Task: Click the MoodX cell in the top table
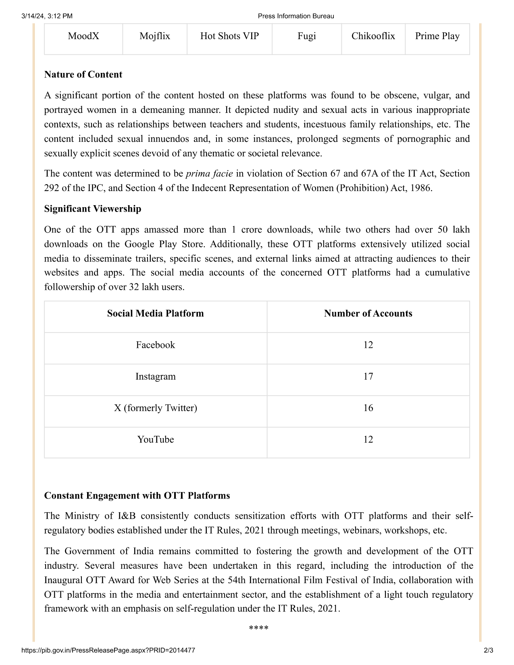(x=83, y=36)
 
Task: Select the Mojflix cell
(x=155, y=36)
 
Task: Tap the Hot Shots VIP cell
(x=229, y=36)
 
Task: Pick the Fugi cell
(x=307, y=36)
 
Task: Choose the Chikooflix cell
(x=373, y=36)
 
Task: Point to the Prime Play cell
(x=437, y=36)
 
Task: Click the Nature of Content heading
(x=83, y=75)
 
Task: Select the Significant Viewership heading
(x=93, y=209)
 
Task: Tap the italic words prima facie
(x=209, y=174)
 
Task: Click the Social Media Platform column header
(x=155, y=314)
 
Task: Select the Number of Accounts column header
(x=368, y=314)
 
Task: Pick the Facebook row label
(x=155, y=345)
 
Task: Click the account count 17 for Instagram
(x=368, y=376)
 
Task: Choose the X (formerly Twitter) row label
(x=155, y=408)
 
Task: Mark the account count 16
(x=368, y=408)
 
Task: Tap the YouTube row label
(x=155, y=439)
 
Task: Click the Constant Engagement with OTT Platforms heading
(x=137, y=496)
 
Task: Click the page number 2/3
(x=488, y=650)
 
